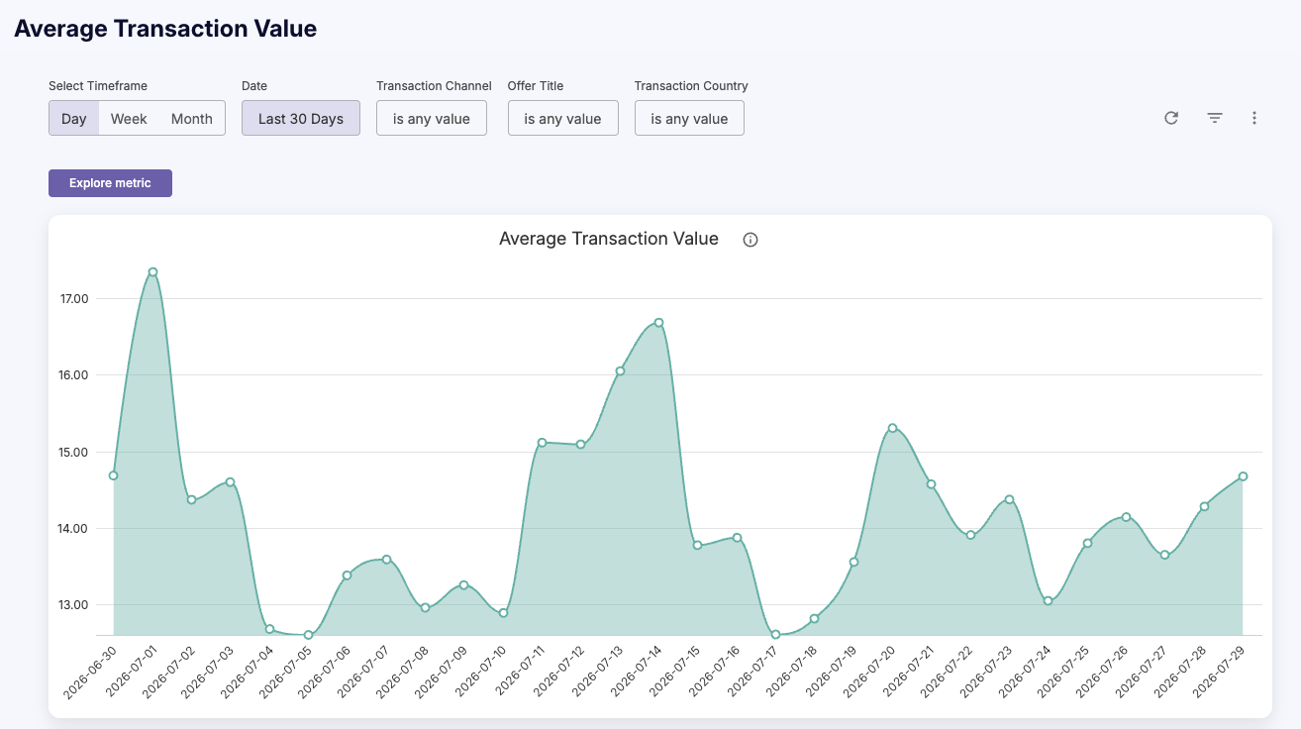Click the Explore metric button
110,183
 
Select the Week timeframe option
129,119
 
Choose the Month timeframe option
192,119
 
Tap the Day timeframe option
73,119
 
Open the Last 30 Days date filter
301,119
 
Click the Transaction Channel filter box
432,119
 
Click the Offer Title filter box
562,119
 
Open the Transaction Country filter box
689,119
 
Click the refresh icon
1171,118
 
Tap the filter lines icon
1215,118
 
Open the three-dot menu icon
1254,118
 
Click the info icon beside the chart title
751,240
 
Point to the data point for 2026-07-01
152,271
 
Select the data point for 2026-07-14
658,322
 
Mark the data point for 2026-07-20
893,428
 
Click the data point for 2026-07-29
1243,476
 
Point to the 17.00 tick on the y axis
73,298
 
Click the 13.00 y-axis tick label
73,604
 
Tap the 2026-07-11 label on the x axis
519,670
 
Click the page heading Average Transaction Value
165,29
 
